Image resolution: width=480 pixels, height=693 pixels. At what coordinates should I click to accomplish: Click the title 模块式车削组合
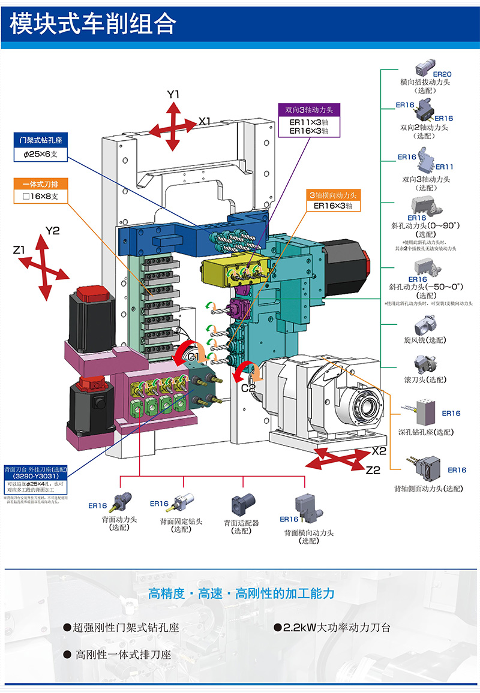[x=93, y=24]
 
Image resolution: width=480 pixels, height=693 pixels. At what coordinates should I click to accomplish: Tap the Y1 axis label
[x=173, y=95]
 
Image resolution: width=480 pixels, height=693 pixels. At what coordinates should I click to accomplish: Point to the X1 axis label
[x=205, y=122]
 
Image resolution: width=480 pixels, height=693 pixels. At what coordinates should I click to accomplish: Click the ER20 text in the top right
[x=442, y=74]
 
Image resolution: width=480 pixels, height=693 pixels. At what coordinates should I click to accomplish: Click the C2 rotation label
[x=248, y=387]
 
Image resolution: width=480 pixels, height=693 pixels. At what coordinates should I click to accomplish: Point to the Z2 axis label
[x=373, y=471]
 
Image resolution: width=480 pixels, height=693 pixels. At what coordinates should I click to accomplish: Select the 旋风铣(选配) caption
[x=425, y=340]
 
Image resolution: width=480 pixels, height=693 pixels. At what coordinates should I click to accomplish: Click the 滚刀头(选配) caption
[x=425, y=380]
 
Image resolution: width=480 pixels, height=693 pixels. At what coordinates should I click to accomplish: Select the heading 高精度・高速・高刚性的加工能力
[x=241, y=593]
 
